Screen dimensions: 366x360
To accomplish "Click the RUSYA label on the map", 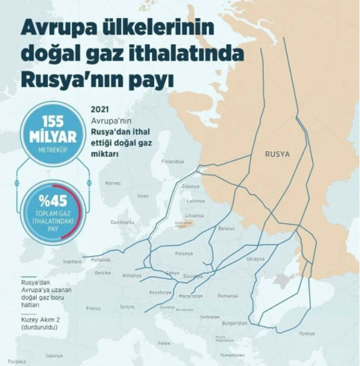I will [x=277, y=154].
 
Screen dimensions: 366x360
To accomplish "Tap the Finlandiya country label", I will [x=172, y=162].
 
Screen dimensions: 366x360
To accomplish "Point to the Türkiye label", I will [x=306, y=333].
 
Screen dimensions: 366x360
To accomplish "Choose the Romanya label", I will [x=228, y=296].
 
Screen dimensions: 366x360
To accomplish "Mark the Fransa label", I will [x=93, y=308].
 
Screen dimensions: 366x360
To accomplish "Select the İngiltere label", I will [x=72, y=261].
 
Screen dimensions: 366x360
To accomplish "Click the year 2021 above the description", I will [x=99, y=109].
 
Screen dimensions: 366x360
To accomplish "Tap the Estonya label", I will [x=191, y=186].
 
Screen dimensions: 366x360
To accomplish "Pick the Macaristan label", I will [x=191, y=296].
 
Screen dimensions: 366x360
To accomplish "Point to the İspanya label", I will [x=54, y=355].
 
